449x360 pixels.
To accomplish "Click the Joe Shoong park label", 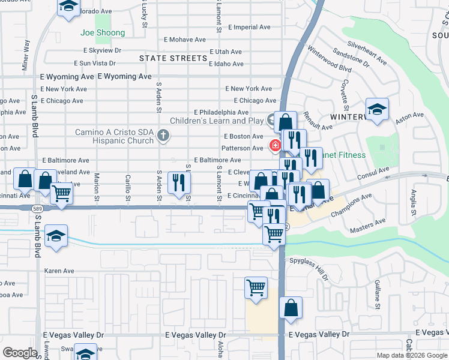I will coord(103,33).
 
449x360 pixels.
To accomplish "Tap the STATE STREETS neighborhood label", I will coord(173,58).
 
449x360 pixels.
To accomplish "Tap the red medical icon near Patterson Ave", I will coord(275,145).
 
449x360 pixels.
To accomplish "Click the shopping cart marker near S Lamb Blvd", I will coord(61,194).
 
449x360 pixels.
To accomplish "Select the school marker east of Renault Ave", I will coord(377,110).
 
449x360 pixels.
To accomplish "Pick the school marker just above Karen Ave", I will coord(56,235).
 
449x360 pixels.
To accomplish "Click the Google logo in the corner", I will coord(20,353).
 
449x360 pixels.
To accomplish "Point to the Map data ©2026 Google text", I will coord(411,355).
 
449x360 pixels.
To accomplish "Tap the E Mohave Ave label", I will coord(185,39).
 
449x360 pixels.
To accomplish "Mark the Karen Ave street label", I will coord(59,271).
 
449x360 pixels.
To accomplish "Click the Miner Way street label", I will coord(26,55).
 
